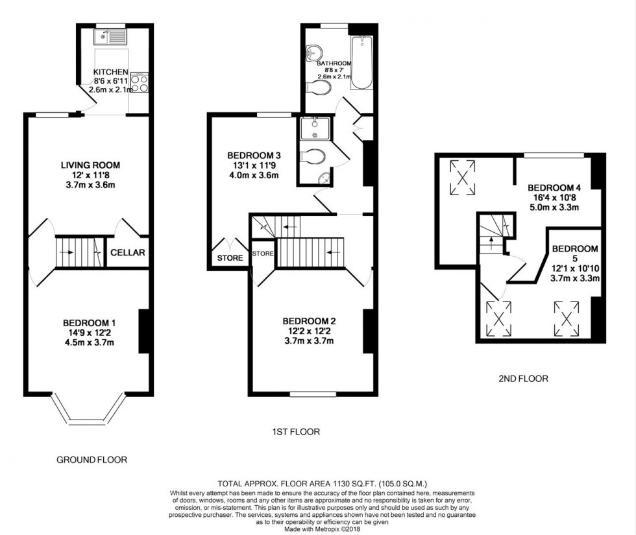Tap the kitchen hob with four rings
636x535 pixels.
coord(140,83)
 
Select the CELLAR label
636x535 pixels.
coord(128,252)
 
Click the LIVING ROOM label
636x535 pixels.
coord(90,165)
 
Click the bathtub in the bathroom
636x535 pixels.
coord(361,62)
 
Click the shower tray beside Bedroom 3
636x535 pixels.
coord(315,128)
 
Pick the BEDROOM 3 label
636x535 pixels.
coord(254,155)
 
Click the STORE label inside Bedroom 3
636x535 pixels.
coord(230,258)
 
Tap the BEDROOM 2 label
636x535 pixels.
coord(309,321)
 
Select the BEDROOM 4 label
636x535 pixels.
coord(554,187)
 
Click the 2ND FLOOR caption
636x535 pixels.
coord(523,379)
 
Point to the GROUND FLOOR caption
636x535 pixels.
coord(92,460)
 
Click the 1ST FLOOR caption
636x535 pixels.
coord(296,432)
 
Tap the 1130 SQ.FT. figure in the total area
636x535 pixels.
coord(355,484)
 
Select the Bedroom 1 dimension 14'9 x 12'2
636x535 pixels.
coord(90,333)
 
